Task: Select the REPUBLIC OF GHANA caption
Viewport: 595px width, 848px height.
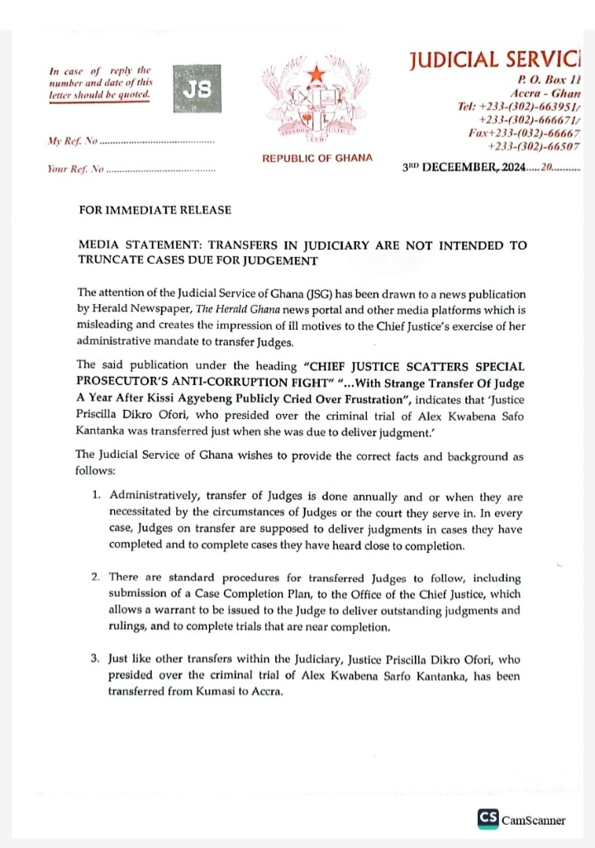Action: [317, 158]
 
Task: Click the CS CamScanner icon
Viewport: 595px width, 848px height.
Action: [488, 818]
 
